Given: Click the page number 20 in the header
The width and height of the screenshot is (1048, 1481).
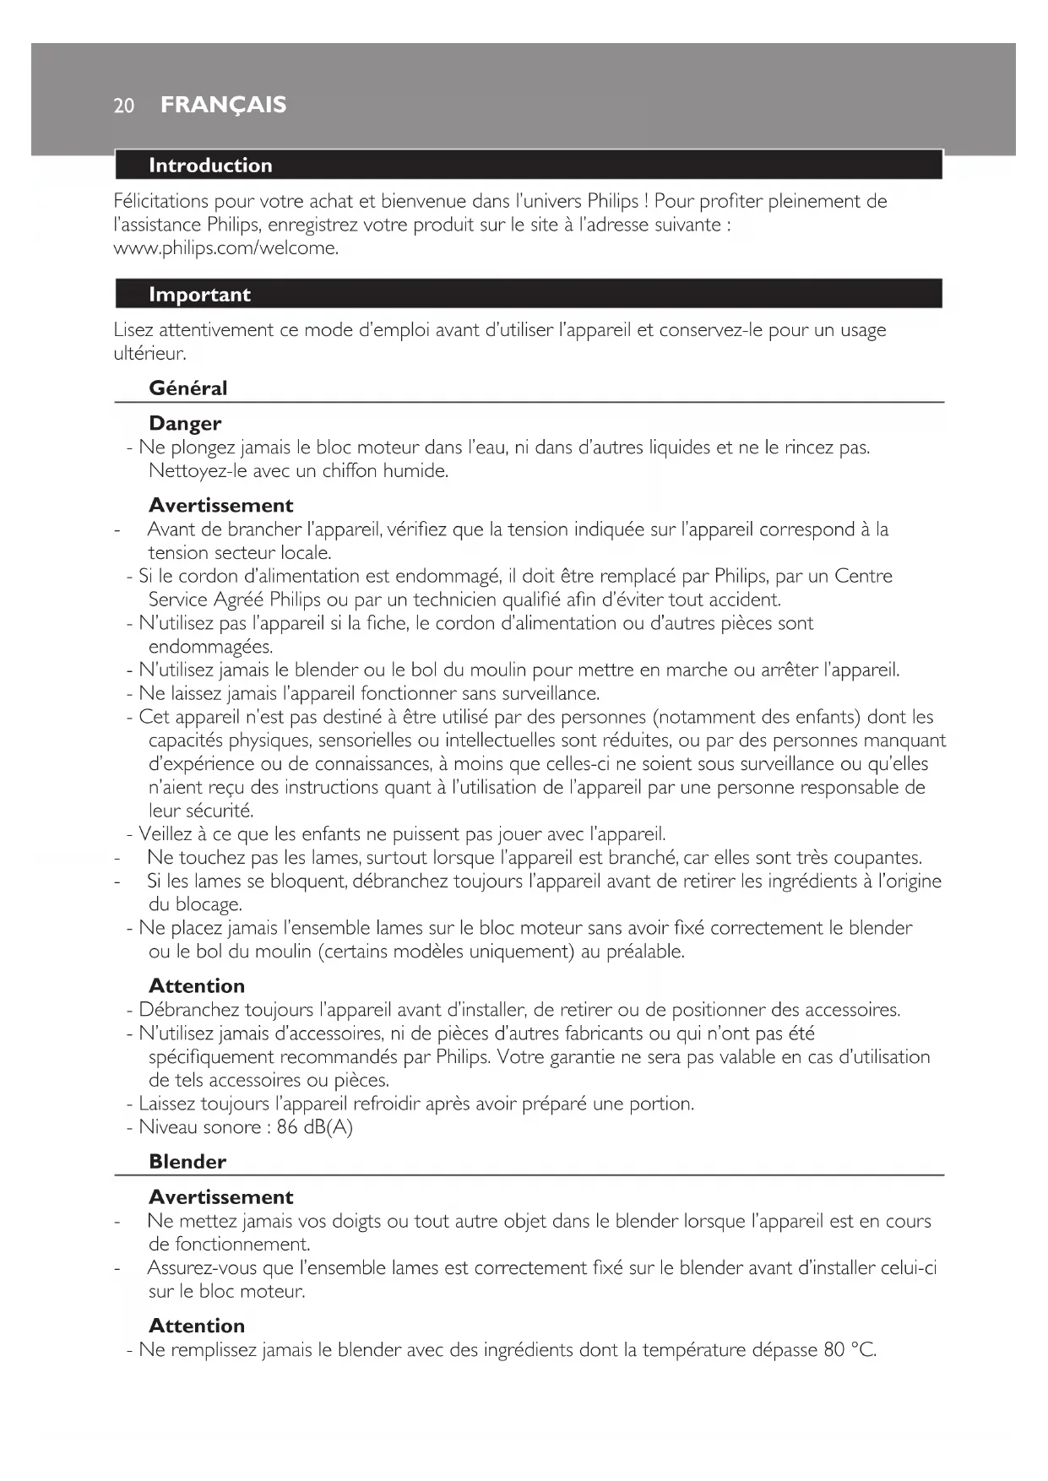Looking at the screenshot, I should coord(124,106).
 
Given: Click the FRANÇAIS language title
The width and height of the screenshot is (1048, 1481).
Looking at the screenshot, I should coord(223,105).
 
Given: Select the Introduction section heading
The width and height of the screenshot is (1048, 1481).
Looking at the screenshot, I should coord(210,165).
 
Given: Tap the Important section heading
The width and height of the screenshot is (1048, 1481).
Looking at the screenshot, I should coord(199,295).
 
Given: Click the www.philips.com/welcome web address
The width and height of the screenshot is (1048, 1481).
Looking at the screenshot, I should coord(225,248).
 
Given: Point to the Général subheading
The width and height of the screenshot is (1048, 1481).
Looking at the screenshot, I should coord(187,388).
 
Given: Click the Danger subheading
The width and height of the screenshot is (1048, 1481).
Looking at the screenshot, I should coord(185,424).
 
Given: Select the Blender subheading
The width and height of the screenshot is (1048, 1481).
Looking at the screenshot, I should coord(187,1162).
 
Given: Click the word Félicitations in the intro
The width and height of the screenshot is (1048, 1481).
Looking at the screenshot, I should coord(160,201).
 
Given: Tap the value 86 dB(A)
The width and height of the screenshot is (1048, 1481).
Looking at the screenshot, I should coord(314,1127).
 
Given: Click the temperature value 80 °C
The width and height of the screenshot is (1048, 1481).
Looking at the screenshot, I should coord(850,1350).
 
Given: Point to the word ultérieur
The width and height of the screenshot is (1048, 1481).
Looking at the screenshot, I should coord(149,354).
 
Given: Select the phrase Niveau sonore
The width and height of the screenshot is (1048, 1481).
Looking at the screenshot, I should coord(200,1127).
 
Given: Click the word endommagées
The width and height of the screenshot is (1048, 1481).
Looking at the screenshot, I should coord(210,648).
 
